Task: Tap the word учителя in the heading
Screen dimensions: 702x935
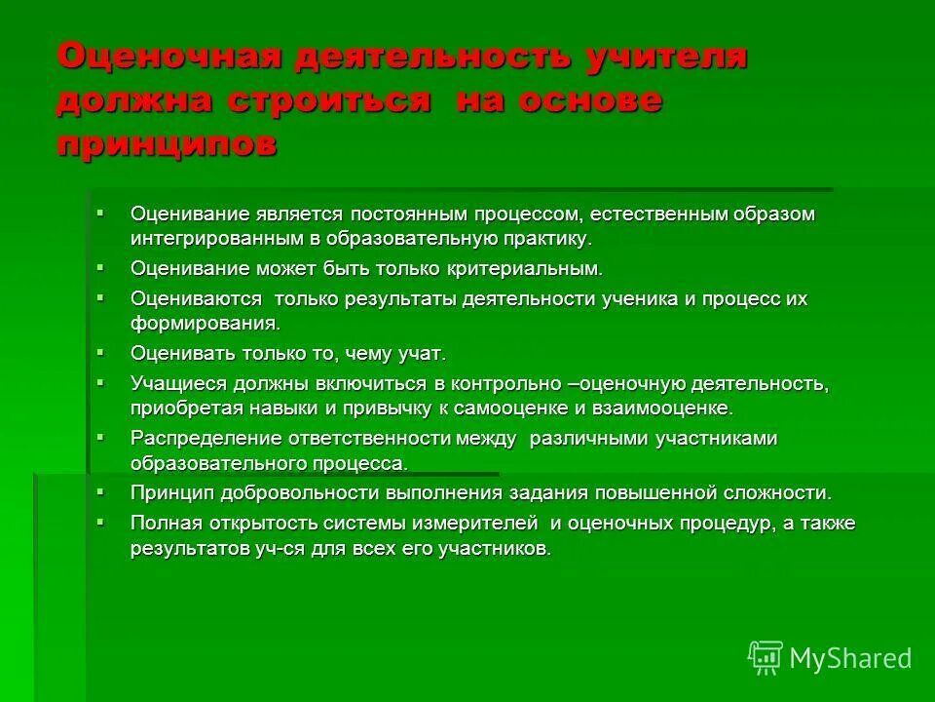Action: (665, 56)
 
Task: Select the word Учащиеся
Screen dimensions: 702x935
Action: (176, 383)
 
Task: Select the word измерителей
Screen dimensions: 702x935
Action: (477, 524)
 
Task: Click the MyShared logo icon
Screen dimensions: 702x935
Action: (765, 658)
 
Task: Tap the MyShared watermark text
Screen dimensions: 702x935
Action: (850, 658)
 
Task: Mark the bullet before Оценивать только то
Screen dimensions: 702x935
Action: (99, 349)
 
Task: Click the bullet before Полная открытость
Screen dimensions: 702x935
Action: (99, 521)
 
